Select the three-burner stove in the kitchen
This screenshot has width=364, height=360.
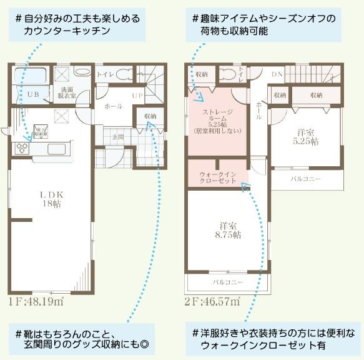(x=22, y=148)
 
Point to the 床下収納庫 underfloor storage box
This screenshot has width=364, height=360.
(x=39, y=131)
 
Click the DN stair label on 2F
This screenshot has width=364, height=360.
(x=277, y=75)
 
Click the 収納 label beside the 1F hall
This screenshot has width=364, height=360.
(x=150, y=116)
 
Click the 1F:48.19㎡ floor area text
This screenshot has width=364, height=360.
(x=36, y=302)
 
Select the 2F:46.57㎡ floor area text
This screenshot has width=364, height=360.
(x=212, y=302)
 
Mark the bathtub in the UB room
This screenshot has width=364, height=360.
(x=30, y=76)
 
